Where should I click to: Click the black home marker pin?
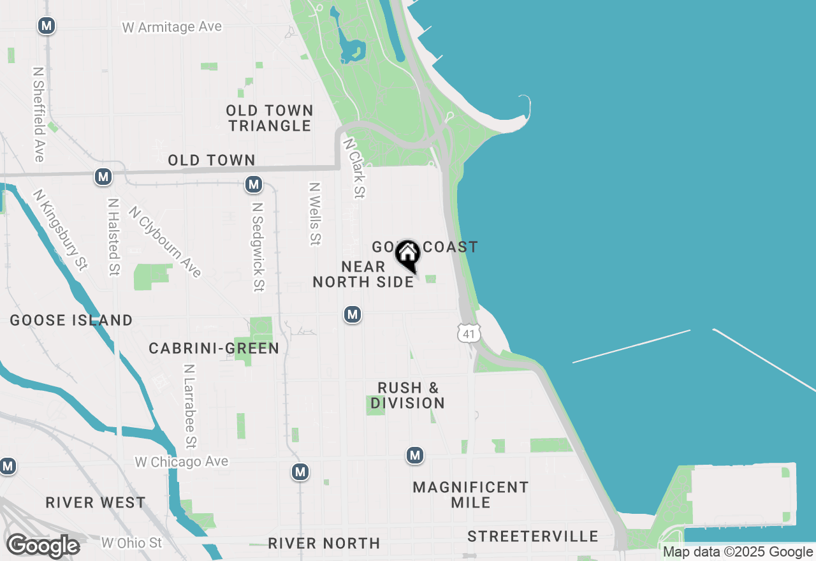tap(407, 255)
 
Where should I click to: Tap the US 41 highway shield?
tap(469, 332)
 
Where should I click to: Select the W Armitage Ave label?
tap(172, 27)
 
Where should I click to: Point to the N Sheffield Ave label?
tap(39, 114)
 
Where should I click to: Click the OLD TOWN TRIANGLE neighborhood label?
tap(270, 118)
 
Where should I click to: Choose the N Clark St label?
tap(354, 168)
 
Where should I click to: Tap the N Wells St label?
tap(315, 214)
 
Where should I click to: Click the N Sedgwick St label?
tap(258, 247)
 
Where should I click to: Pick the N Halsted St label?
tap(114, 237)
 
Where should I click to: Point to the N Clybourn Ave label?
tap(165, 242)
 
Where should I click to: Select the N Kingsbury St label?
tap(61, 229)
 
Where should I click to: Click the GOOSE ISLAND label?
tap(71, 320)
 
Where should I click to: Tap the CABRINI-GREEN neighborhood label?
tap(214, 348)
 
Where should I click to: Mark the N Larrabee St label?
tap(189, 406)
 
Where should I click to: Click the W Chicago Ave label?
tap(182, 462)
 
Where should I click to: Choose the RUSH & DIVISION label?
tap(408, 395)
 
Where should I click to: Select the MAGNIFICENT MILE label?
tap(470, 495)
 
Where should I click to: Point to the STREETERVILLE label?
tap(533, 536)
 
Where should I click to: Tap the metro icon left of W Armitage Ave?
tap(46, 26)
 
